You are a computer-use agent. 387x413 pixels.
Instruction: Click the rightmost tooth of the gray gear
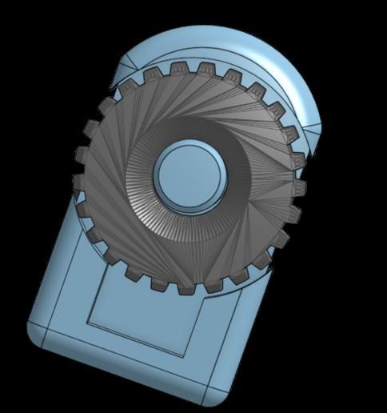coord(299,189)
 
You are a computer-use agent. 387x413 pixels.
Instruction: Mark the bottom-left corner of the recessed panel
coord(86,322)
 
